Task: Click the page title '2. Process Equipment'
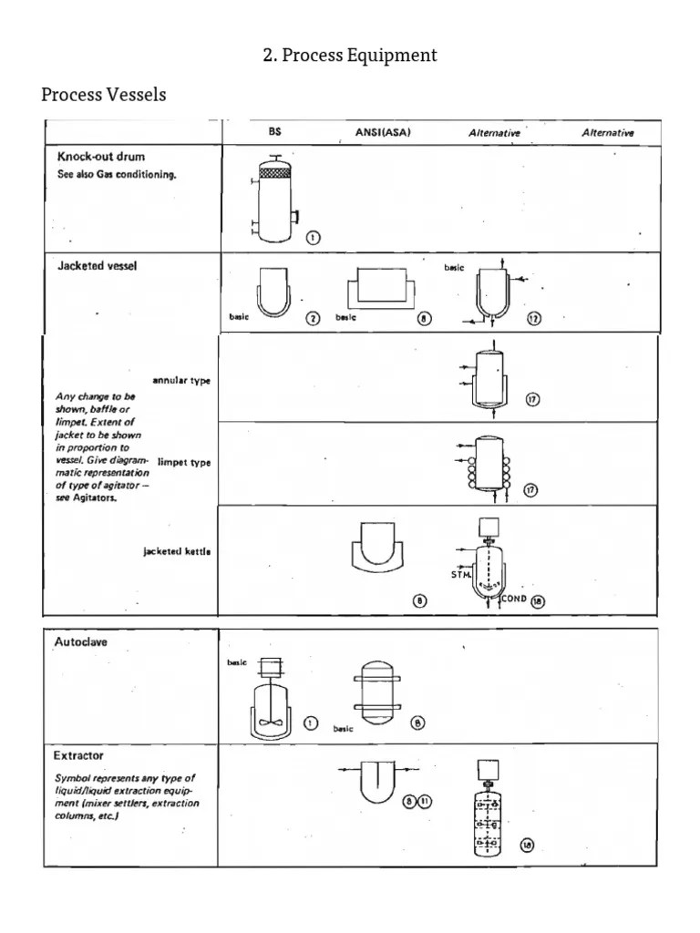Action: [x=350, y=56]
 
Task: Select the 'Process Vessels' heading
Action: [x=104, y=95]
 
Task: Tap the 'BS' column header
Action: [x=275, y=132]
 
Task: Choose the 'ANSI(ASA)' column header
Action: [x=383, y=132]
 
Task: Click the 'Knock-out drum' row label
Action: [x=101, y=157]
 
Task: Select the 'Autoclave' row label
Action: [x=81, y=641]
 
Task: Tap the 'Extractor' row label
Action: [x=78, y=755]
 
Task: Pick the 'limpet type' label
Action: [x=184, y=463]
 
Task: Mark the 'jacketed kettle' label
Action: [x=177, y=551]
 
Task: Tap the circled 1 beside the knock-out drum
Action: [x=313, y=238]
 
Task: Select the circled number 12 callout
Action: [x=534, y=318]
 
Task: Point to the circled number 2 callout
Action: [x=313, y=318]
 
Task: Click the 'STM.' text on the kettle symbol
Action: [x=461, y=575]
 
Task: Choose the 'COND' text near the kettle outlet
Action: [x=514, y=600]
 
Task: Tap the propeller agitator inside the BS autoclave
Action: [x=270, y=721]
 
